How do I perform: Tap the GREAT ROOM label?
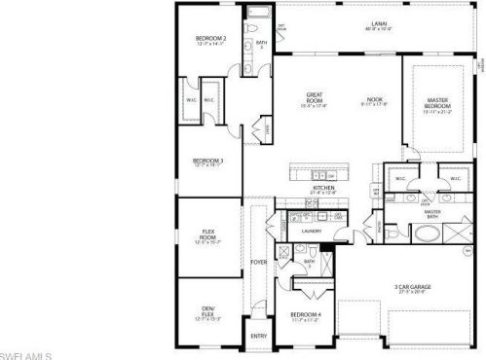314,96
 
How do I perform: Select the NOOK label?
374,98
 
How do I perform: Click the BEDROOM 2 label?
210,38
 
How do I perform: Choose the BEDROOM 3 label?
207,160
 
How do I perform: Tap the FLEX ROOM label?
207,234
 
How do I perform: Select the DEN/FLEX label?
207,310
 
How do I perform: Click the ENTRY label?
258,336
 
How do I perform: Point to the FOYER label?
258,262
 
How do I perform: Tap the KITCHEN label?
323,187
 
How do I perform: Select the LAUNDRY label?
312,231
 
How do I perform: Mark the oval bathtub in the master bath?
426,234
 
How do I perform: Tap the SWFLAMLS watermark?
25,354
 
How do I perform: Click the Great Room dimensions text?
314,105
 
